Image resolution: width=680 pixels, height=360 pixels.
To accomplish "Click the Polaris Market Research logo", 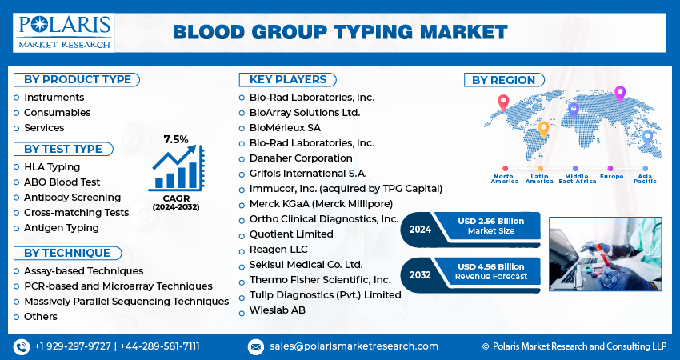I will pyautogui.click(x=63, y=32).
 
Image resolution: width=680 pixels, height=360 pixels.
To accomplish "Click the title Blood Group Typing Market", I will pyautogui.click(x=340, y=32).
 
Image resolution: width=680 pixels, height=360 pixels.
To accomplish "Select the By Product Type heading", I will pyautogui.click(x=77, y=79).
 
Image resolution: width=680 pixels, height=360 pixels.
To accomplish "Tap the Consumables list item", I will pyautogui.click(x=57, y=113).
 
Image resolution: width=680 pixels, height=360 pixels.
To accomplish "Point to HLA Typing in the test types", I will pyautogui.click(x=52, y=166).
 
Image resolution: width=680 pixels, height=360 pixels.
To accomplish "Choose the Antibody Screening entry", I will pyautogui.click(x=72, y=197).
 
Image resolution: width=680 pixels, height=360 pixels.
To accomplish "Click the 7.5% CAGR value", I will pyautogui.click(x=176, y=139).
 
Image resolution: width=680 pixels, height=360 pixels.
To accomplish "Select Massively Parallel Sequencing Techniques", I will pyautogui.click(x=126, y=301).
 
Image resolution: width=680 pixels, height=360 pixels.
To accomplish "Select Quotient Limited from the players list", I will pyautogui.click(x=291, y=234).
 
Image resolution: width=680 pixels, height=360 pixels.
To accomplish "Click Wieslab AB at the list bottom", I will pyautogui.click(x=277, y=310).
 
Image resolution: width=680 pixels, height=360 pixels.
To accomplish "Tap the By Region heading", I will pyautogui.click(x=503, y=80).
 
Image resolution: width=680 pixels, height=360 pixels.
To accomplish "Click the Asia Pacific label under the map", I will pyautogui.click(x=646, y=178).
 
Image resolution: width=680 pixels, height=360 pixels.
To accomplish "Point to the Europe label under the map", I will pyautogui.click(x=610, y=176).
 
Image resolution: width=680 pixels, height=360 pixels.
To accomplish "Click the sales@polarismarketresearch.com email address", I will pyautogui.click(x=354, y=346).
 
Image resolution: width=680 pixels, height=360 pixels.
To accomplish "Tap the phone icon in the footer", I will pyautogui.click(x=21, y=346).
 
